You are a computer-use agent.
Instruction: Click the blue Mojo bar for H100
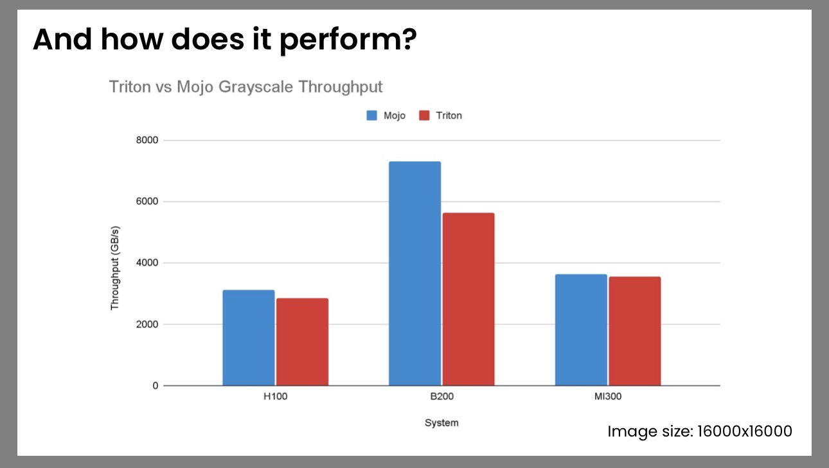249,338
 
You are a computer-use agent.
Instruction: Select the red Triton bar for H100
302,342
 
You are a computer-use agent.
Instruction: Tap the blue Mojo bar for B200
415,273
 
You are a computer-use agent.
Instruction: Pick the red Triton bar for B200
468,299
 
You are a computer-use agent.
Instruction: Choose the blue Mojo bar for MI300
581,330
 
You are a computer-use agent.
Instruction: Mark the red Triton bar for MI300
634,331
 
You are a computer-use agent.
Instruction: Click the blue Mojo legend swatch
372,116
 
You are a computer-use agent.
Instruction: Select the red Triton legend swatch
424,116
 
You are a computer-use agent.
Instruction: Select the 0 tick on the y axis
155,386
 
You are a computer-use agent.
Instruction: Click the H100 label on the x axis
275,397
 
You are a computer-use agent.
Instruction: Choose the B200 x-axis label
441,397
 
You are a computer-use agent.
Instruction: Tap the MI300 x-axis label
607,397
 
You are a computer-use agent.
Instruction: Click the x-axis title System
441,423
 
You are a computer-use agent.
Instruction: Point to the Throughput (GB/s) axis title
115,268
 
